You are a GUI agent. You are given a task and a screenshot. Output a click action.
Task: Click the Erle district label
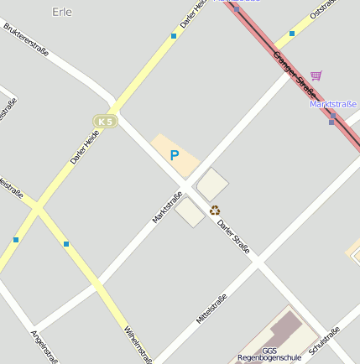pyautogui.click(x=62, y=12)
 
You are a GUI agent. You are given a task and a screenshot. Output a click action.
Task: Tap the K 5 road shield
pyautogui.click(x=105, y=122)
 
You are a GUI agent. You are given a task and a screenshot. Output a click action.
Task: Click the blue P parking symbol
pyautogui.click(x=175, y=155)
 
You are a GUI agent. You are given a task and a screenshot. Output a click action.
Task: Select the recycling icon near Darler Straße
pyautogui.click(x=215, y=211)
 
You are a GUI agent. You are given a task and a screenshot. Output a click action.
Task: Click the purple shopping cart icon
pyautogui.click(x=316, y=76)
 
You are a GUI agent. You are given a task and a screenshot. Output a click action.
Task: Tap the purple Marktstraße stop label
pyautogui.click(x=333, y=104)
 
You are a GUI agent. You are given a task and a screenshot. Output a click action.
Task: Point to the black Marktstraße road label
pyautogui.click(x=167, y=208)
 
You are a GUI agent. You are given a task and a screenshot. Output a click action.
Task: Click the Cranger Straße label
pyautogui.click(x=295, y=73)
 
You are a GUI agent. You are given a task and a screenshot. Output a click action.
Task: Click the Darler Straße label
pyautogui.click(x=233, y=237)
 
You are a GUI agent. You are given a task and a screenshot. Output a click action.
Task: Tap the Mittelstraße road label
pyautogui.click(x=211, y=309)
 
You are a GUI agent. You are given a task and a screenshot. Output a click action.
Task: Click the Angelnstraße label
pyautogui.click(x=44, y=347)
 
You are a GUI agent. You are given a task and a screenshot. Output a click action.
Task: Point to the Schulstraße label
pyautogui.click(x=325, y=341)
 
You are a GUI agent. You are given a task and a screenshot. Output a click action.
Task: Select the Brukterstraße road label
pyautogui.click(x=26, y=39)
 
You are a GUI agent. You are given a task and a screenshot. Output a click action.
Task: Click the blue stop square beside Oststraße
pyautogui.click(x=292, y=34)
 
